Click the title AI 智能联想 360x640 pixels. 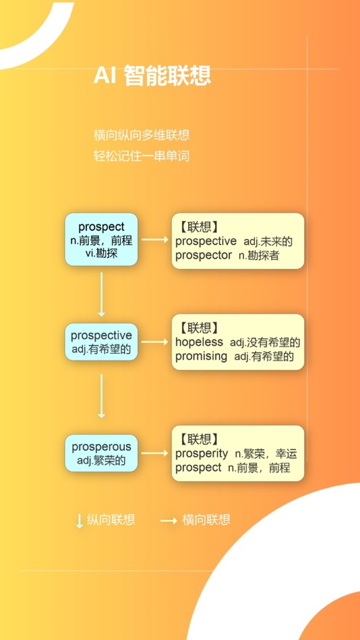pyautogui.click(x=152, y=75)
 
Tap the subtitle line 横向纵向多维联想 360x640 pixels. pyautogui.click(x=142, y=135)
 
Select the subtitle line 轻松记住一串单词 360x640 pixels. pyautogui.click(x=142, y=156)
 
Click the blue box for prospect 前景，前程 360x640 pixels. pyautogui.click(x=101, y=239)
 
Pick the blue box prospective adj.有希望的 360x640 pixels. pyautogui.click(x=101, y=342)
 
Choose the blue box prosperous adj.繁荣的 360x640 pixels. pyautogui.click(x=101, y=453)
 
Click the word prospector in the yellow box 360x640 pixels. pyautogui.click(x=204, y=255)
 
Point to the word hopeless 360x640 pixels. pyautogui.click(x=199, y=342)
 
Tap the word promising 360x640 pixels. pyautogui.click(x=201, y=356)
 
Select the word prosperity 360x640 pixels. pyautogui.click(x=202, y=453)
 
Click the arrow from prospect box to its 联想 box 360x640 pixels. pyautogui.click(x=155, y=240)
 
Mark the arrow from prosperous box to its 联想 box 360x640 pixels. pyautogui.click(x=155, y=453)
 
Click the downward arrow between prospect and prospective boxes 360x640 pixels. pyautogui.click(x=101, y=294)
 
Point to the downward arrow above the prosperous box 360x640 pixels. pyautogui.click(x=101, y=396)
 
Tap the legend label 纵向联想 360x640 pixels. pyautogui.click(x=111, y=519)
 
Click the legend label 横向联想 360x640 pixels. pyautogui.click(x=206, y=519)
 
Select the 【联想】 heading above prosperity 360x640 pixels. pyautogui.click(x=199, y=439)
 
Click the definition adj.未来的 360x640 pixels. pyautogui.click(x=268, y=242)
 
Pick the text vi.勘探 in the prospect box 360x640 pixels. pyautogui.click(x=101, y=253)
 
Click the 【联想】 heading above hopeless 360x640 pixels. pyautogui.click(x=199, y=327)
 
